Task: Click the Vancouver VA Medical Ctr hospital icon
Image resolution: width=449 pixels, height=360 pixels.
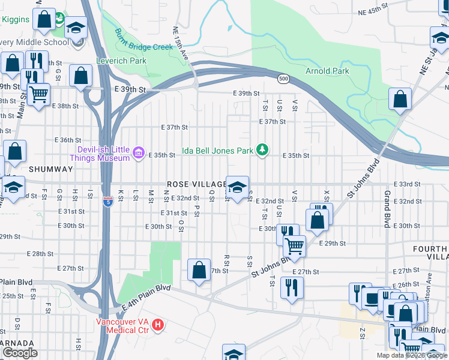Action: [x=158, y=325]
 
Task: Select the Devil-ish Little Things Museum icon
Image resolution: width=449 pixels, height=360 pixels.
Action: [x=139, y=154]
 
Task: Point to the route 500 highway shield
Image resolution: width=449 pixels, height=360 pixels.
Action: [x=284, y=79]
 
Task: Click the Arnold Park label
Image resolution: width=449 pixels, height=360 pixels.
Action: [x=328, y=71]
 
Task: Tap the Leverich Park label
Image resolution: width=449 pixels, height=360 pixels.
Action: [x=121, y=61]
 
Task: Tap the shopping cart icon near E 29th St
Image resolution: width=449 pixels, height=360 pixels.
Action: [x=294, y=245]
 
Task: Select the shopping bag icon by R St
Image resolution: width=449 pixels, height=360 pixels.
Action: [x=199, y=269]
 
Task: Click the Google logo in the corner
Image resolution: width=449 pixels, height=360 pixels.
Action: [x=20, y=353]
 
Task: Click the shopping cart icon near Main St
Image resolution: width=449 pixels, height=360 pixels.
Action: [x=38, y=94]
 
